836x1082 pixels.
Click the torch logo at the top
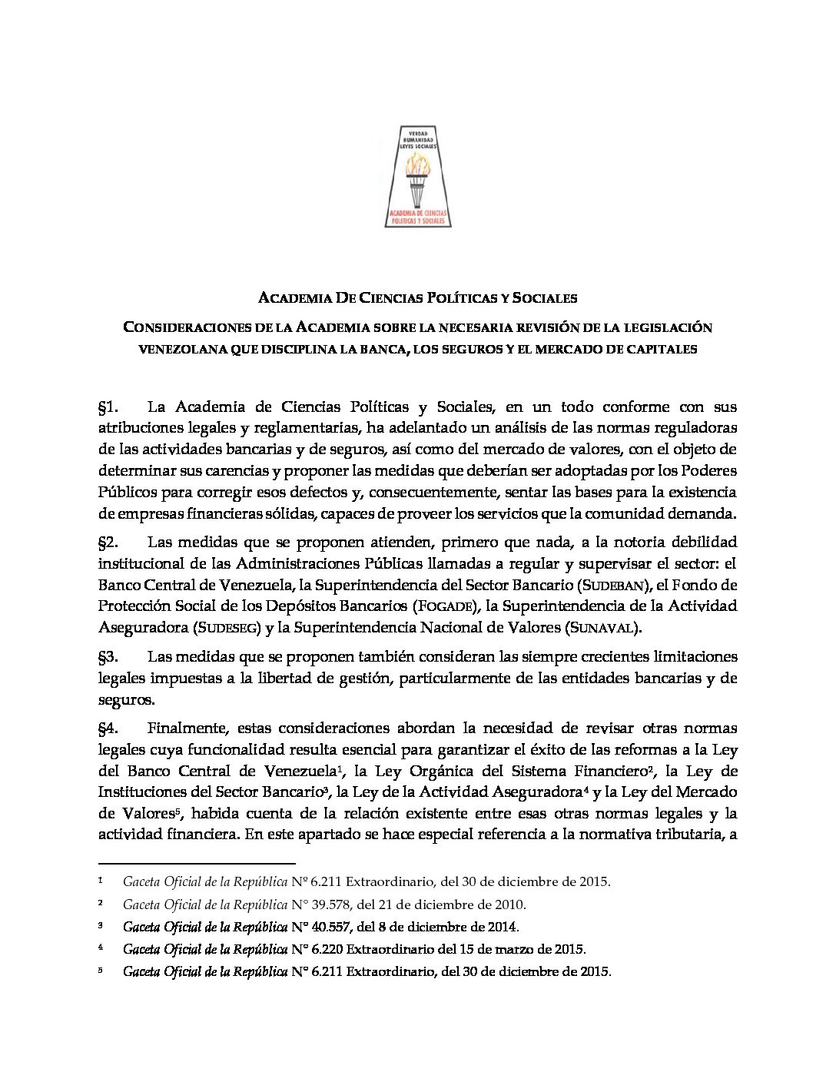[418, 176]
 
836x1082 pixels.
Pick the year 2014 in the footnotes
[503, 928]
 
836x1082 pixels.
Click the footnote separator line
[197, 864]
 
